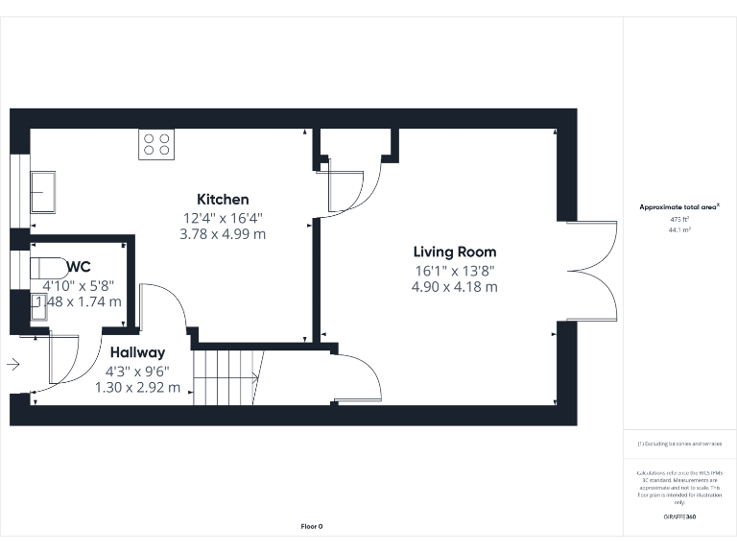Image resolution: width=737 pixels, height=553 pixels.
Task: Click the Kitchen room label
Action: click(223, 199)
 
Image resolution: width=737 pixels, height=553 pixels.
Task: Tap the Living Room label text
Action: click(454, 252)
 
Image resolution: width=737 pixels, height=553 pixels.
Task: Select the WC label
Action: click(79, 267)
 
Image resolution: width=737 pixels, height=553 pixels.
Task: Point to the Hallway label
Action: click(137, 352)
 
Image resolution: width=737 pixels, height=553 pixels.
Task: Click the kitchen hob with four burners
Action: click(155, 144)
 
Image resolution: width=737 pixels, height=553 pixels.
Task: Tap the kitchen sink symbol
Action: click(43, 192)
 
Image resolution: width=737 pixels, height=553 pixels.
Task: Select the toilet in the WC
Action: click(48, 267)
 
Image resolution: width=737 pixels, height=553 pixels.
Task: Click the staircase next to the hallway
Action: click(228, 376)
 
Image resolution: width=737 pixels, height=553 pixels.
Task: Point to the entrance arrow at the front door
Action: click(12, 365)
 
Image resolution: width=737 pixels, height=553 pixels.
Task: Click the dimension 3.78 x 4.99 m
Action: click(223, 234)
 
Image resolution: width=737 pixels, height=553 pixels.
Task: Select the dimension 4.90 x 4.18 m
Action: click(454, 286)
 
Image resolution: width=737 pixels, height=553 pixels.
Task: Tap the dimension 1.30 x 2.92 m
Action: click(137, 387)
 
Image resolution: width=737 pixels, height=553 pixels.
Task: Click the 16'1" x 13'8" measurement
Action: click(454, 270)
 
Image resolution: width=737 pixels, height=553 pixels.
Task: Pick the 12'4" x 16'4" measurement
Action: click(223, 217)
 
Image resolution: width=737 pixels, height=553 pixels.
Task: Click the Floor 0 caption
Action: click(312, 526)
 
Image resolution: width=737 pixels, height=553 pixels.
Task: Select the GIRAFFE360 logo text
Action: click(678, 517)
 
